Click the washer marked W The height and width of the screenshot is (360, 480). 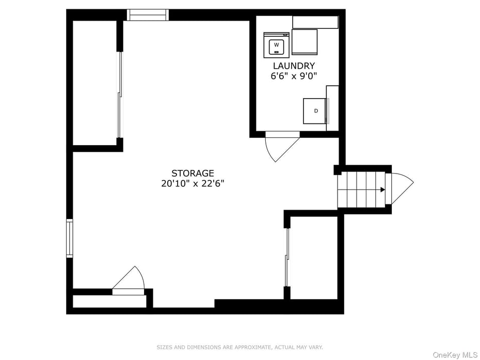coord(276,45)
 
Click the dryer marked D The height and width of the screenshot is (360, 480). coord(315,111)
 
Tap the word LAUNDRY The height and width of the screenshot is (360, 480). coord(294,66)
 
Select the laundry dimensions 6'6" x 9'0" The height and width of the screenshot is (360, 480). coord(294,76)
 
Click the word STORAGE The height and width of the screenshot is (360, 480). coord(193,174)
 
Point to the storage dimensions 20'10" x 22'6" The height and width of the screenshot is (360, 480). coord(193,183)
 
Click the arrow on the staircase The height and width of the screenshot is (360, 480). coord(382,190)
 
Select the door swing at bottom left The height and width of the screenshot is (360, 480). coord(130,280)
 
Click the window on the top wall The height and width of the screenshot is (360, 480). coord(148,15)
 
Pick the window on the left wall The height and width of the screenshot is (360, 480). coord(70,238)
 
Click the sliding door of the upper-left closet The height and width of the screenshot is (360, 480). coord(120,95)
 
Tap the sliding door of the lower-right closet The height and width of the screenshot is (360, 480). coord(287,257)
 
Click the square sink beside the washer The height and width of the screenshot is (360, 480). coord(305,42)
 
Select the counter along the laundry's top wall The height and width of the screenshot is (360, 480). coord(315,22)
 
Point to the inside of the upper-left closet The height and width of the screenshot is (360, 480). coord(94,83)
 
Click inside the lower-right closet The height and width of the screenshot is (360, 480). coord(313,257)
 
